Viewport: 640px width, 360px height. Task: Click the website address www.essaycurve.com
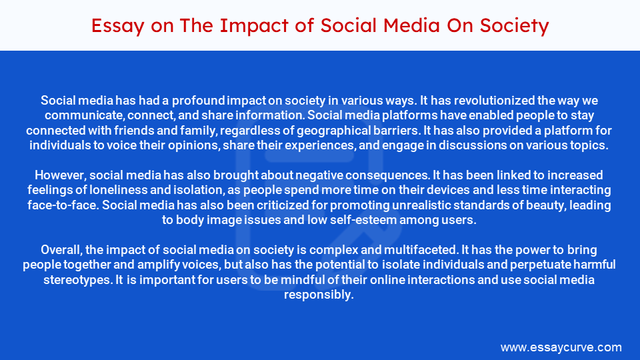561,347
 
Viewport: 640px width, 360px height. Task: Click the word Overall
62,250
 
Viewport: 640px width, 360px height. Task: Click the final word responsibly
319,294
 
